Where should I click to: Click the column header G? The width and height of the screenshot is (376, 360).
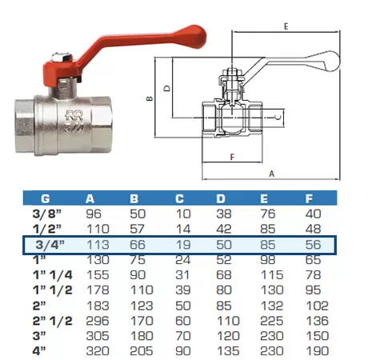click(46, 198)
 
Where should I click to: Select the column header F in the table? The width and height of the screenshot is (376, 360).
click(309, 198)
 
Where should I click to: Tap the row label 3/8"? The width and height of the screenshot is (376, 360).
click(47, 214)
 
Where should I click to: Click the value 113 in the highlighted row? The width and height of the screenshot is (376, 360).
click(98, 245)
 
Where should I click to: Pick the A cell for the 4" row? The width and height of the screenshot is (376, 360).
click(98, 351)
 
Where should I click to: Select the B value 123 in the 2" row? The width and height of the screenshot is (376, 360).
click(142, 306)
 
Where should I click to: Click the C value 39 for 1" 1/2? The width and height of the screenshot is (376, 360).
click(183, 290)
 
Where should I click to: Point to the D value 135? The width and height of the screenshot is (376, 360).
click(228, 351)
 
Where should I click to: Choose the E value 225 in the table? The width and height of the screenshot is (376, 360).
click(271, 321)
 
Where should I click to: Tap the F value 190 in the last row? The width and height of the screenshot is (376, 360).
click(317, 351)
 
